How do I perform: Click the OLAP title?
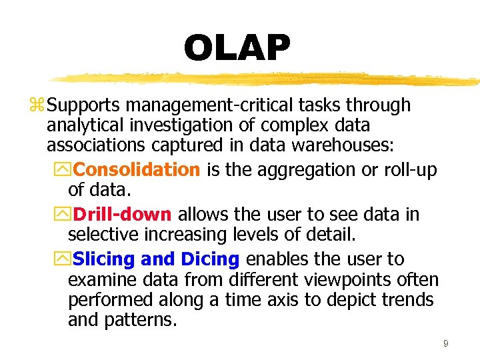[x=237, y=48]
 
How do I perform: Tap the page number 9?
[x=445, y=344]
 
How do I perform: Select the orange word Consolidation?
[x=137, y=170]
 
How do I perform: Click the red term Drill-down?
[x=123, y=215]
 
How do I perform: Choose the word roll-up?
[x=411, y=170]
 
